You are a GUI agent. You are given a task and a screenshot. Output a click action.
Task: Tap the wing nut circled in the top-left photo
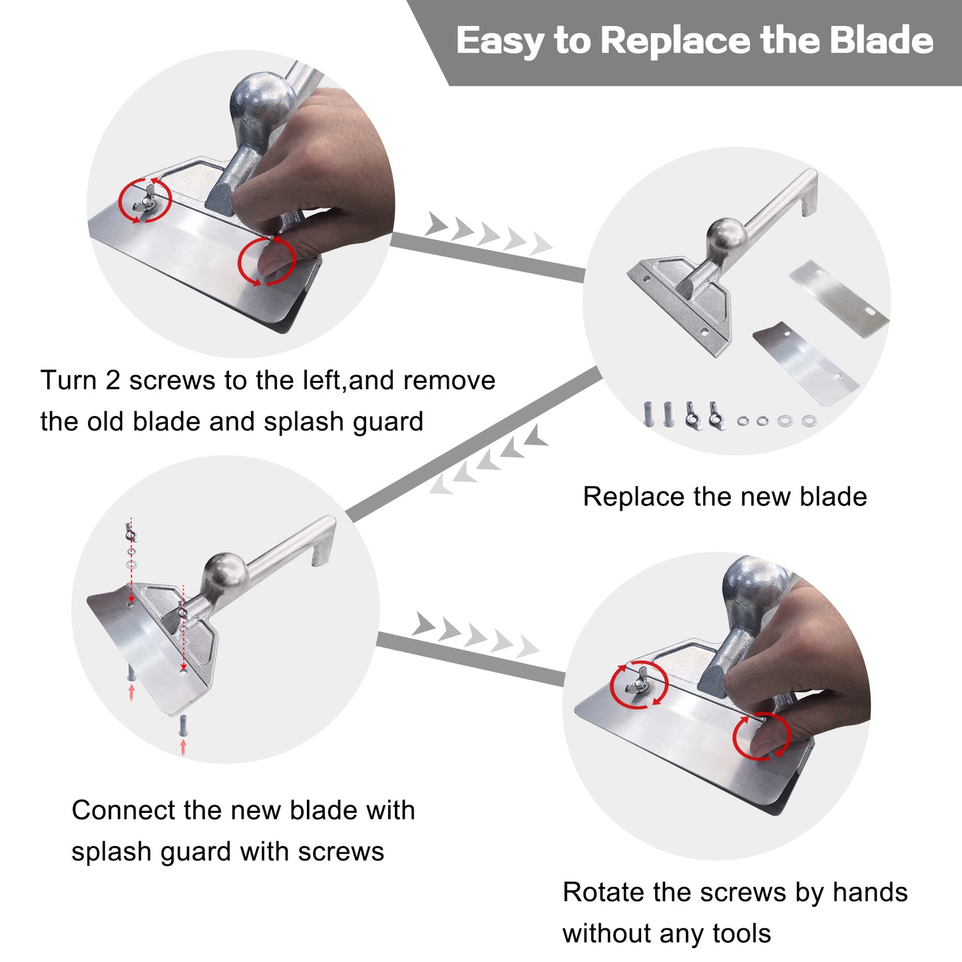point(144,200)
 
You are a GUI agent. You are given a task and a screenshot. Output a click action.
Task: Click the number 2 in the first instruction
point(113,381)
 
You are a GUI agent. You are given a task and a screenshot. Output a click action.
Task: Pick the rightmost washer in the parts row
point(809,420)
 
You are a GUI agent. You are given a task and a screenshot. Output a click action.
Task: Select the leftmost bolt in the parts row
point(648,413)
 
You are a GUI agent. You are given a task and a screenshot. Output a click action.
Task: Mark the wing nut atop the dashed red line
point(130,532)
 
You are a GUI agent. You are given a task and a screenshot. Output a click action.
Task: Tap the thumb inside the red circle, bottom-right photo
point(766,739)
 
